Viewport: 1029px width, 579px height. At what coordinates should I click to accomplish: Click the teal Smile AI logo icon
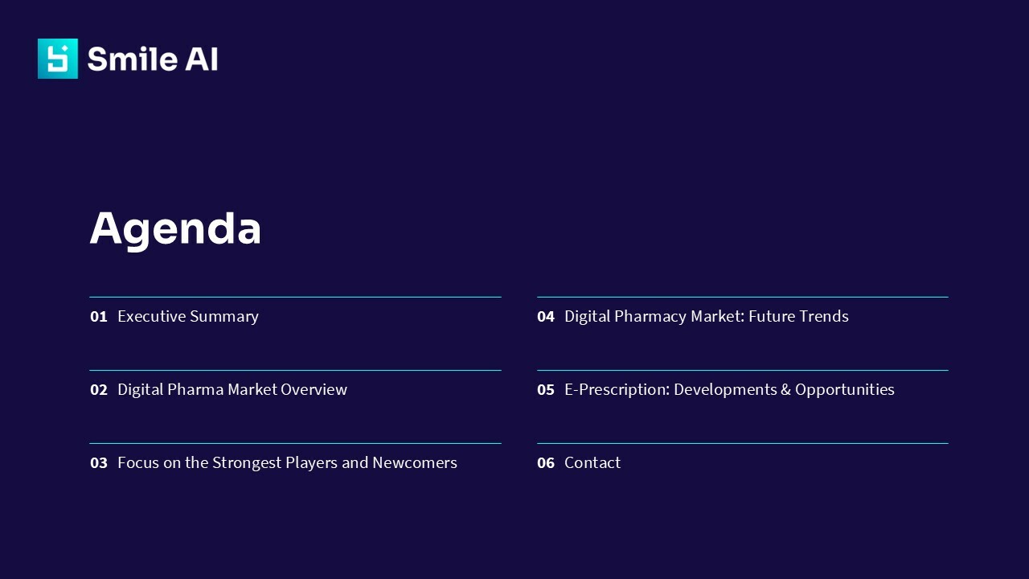point(58,59)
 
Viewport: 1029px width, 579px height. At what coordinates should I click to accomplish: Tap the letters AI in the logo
point(201,59)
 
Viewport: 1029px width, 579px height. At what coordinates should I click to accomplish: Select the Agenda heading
point(175,228)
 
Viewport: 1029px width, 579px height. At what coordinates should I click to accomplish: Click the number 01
point(98,317)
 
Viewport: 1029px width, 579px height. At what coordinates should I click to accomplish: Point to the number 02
point(98,390)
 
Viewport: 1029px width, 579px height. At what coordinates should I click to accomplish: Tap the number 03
point(98,463)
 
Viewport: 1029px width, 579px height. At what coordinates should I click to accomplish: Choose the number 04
point(546,317)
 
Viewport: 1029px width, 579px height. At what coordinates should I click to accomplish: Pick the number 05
point(546,390)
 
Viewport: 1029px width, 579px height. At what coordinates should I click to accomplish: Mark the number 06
point(546,463)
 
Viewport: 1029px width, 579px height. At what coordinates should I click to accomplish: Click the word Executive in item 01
point(152,317)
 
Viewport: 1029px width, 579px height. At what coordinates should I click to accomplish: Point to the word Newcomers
point(414,463)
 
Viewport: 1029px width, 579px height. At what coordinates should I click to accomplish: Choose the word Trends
point(823,317)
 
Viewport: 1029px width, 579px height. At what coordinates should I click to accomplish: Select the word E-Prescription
point(617,390)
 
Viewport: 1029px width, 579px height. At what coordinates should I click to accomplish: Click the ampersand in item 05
point(785,390)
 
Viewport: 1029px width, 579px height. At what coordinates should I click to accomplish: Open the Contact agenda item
point(592,463)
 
